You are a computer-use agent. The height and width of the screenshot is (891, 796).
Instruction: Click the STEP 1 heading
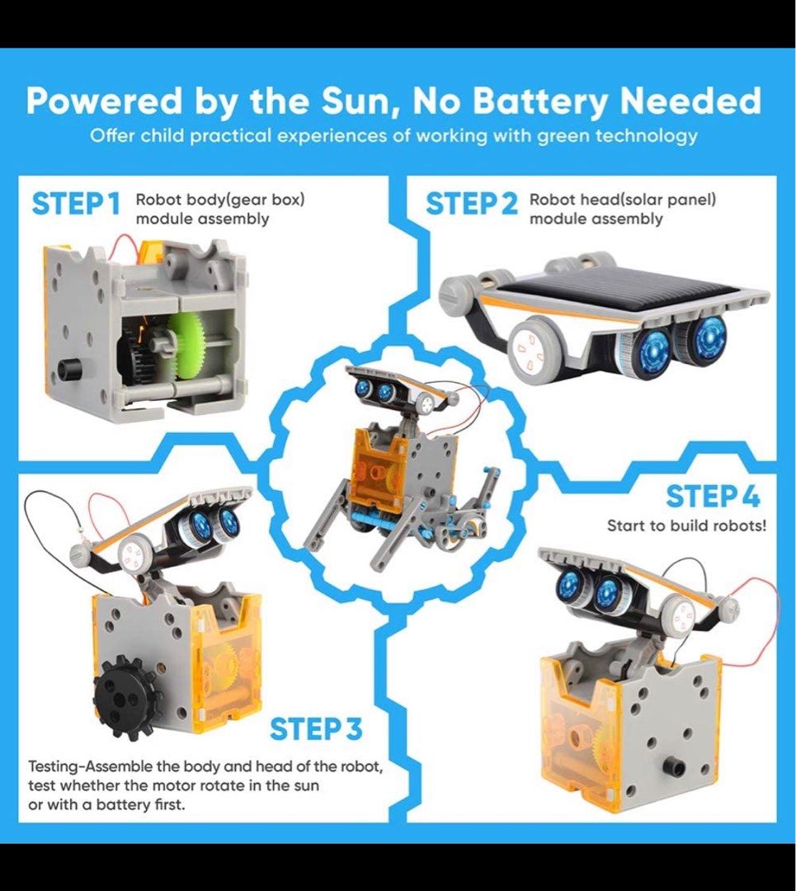(x=76, y=204)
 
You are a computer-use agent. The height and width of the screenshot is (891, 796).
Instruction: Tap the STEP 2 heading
(x=471, y=204)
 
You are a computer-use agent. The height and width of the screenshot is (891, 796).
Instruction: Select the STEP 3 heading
(x=316, y=729)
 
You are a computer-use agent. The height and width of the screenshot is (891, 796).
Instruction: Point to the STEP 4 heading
(x=713, y=497)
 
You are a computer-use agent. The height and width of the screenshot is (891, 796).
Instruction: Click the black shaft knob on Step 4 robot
(x=676, y=771)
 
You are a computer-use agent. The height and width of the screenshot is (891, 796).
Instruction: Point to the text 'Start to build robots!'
(x=686, y=526)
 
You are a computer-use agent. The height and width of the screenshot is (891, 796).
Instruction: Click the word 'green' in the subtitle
(x=584, y=135)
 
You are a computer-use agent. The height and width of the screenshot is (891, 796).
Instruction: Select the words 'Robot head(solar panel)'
(x=622, y=200)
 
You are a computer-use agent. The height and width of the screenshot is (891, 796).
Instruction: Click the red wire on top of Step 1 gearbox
(x=124, y=242)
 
